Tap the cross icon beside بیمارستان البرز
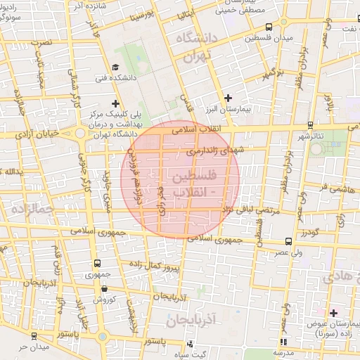pos(226,98)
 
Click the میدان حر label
pos(34,347)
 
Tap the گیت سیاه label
pos(191,354)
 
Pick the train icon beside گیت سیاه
pos(190,344)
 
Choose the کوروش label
pos(104,300)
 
